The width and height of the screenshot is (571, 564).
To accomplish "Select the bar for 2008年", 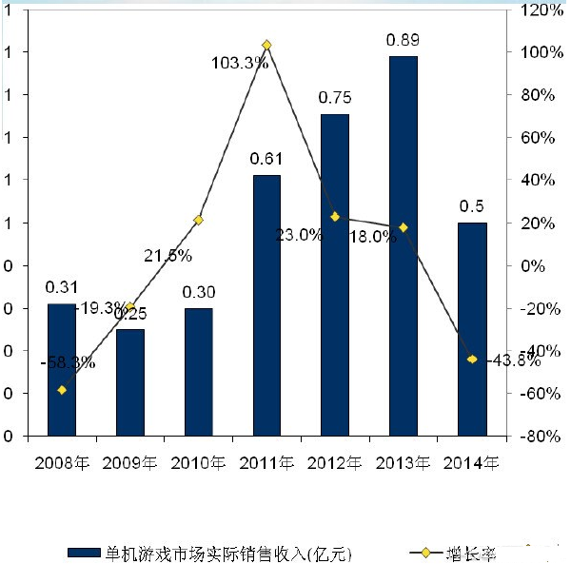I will coord(62,370).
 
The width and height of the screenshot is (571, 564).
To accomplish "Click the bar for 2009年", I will coord(130,382).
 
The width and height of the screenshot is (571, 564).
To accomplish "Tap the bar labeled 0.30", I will coord(198,372).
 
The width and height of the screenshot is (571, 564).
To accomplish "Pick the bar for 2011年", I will coord(266,305).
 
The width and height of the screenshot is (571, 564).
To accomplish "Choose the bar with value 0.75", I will coord(335,275).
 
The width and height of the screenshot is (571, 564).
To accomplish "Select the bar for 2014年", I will coord(472,329).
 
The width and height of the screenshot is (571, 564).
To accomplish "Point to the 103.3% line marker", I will coord(266,45).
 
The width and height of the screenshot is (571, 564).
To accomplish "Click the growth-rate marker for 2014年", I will coord(472,359).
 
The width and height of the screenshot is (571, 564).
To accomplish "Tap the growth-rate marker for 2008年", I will coord(62,390).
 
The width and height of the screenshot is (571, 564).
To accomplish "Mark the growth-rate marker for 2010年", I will coord(198,220).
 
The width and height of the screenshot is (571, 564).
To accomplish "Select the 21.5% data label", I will coord(168,255).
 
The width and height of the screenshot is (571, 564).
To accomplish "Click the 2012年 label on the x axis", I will coord(335,463).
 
